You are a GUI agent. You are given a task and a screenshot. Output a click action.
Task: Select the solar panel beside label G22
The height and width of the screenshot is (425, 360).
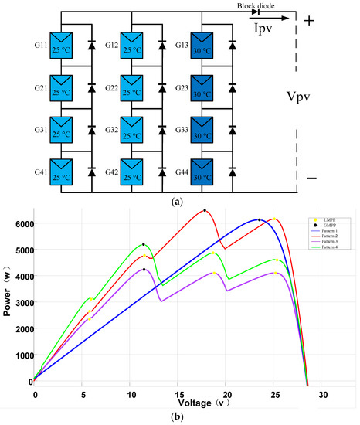pos(131,85)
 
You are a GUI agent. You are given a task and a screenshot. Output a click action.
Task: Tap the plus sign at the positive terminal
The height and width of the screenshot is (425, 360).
pos(309,21)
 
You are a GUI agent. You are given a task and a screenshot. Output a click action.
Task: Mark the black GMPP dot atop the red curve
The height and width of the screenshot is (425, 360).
pos(205,210)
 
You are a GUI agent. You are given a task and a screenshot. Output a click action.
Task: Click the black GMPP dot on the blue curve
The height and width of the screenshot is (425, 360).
pos(260,219)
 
